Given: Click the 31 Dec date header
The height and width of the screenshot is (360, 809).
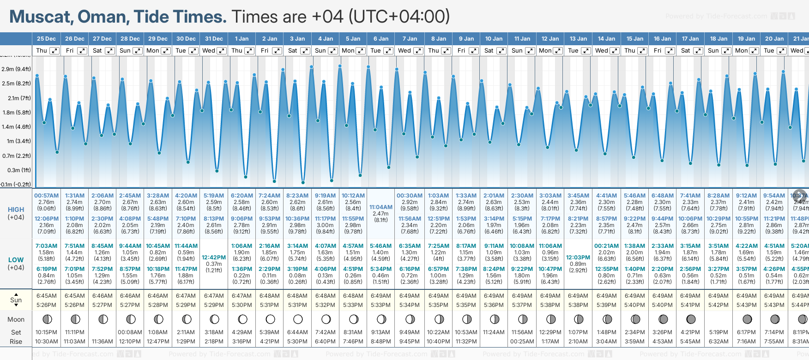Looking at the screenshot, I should [214, 39].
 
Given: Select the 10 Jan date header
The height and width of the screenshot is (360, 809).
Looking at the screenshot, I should [494, 39].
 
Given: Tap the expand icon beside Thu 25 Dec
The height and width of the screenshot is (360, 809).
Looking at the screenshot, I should [54, 51].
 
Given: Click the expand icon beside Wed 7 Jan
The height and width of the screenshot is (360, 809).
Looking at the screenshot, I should [418, 51].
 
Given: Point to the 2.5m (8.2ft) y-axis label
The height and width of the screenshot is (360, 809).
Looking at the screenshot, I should [16, 84].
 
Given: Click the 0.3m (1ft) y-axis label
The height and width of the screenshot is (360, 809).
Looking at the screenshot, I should [16, 170].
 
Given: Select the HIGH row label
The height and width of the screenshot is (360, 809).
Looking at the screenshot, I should [16, 210].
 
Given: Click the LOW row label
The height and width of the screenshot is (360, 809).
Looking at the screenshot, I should [16, 260].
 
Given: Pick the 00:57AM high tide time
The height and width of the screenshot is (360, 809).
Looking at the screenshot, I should [47, 196].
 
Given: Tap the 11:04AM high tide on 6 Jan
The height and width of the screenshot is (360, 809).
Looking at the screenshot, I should [381, 207].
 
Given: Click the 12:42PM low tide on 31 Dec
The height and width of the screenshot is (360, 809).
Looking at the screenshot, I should [214, 258].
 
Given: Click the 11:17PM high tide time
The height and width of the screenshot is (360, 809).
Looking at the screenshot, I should [325, 219].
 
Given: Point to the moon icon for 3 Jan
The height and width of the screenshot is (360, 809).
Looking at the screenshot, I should [298, 319].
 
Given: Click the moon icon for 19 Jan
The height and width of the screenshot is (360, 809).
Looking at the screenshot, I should [747, 319].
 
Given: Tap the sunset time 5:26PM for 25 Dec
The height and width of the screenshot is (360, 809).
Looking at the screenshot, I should [47, 305].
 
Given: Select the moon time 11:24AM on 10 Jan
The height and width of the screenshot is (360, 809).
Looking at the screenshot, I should [494, 332].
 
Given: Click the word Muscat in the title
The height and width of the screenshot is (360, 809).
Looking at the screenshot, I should [40, 17].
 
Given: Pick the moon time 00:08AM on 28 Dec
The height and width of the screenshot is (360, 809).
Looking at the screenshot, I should [130, 332].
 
